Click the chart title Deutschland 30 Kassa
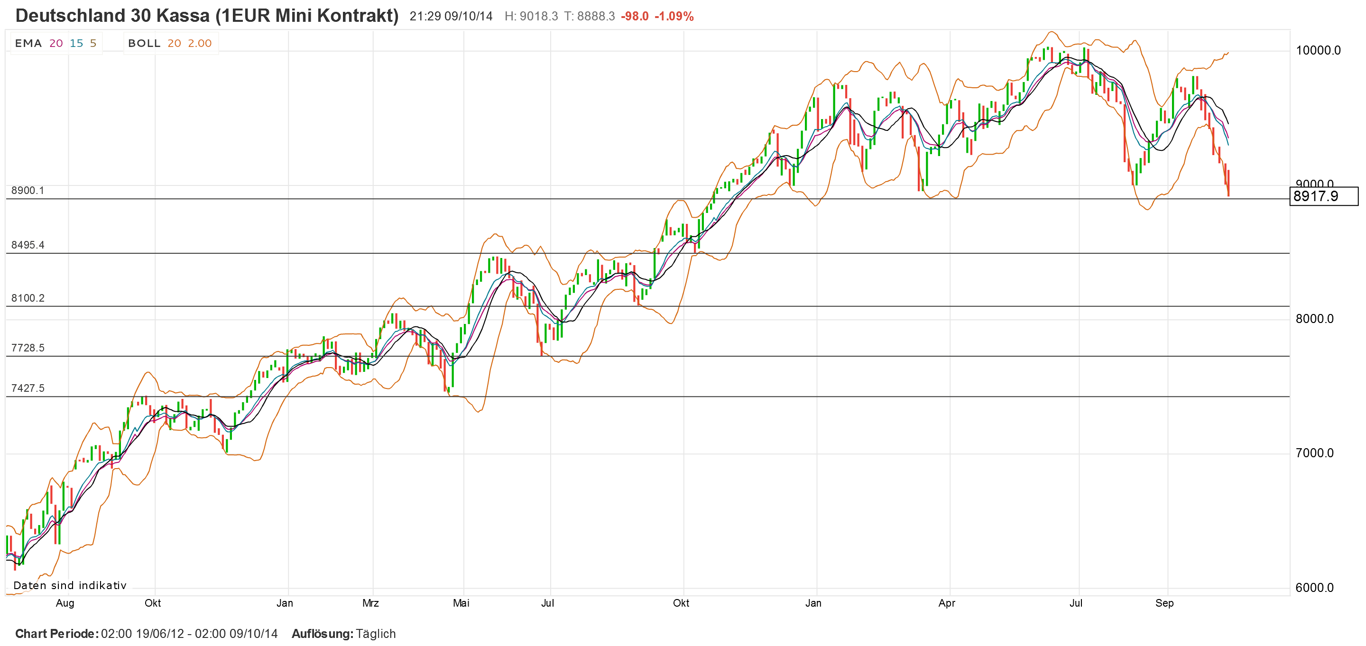click(207, 16)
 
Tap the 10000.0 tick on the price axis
click(1318, 50)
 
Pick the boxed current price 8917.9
click(1323, 196)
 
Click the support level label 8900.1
click(28, 190)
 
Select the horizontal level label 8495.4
click(28, 245)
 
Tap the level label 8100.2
click(28, 298)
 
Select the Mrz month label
click(370, 603)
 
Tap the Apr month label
click(947, 603)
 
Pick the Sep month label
click(1164, 603)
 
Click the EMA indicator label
click(28, 44)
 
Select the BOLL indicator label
click(144, 44)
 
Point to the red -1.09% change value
click(674, 17)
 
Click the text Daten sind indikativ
click(70, 586)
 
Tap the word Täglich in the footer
click(376, 634)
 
